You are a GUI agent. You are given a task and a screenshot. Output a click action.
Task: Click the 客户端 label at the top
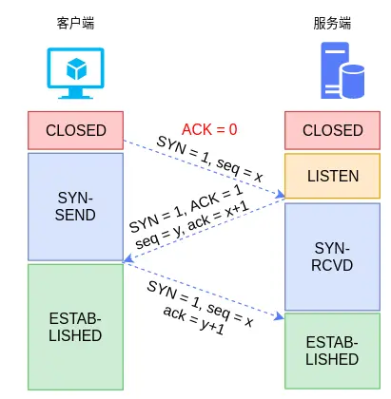pyautogui.click(x=76, y=22)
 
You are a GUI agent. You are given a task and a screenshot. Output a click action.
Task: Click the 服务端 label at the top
pyautogui.click(x=332, y=22)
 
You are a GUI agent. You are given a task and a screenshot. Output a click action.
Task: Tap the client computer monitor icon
pyautogui.click(x=76, y=74)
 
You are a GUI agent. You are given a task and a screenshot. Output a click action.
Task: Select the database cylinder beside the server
pyautogui.click(x=352, y=83)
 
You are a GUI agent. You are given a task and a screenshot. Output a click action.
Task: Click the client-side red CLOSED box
pyautogui.click(x=76, y=130)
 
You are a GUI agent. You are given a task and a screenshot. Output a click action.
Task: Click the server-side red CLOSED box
pyautogui.click(x=332, y=130)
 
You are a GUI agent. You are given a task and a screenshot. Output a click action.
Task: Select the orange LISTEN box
pyautogui.click(x=332, y=177)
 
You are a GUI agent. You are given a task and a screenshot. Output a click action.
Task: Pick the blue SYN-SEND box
pyautogui.click(x=76, y=207)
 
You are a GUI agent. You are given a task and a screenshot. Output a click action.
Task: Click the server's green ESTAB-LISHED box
pyautogui.click(x=332, y=351)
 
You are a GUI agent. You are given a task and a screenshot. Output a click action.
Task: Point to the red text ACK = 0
pyautogui.click(x=209, y=128)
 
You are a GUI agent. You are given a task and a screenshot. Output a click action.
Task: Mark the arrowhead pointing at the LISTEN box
pyautogui.click(x=281, y=197)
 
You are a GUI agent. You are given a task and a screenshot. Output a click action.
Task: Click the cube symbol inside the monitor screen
pyautogui.click(x=76, y=67)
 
